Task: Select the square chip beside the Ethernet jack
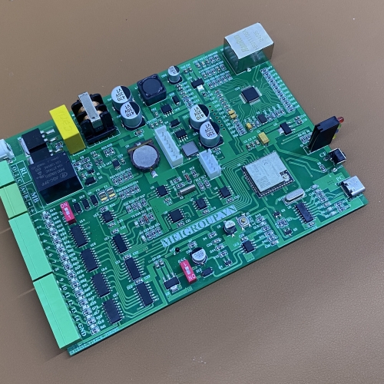[250, 94]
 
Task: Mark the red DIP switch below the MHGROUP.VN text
[187, 269]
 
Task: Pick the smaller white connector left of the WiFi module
[210, 163]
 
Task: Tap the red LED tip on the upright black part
[339, 119]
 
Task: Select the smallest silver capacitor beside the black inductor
[174, 74]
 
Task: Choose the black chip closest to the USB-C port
[304, 211]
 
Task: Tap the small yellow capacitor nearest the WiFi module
[263, 138]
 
